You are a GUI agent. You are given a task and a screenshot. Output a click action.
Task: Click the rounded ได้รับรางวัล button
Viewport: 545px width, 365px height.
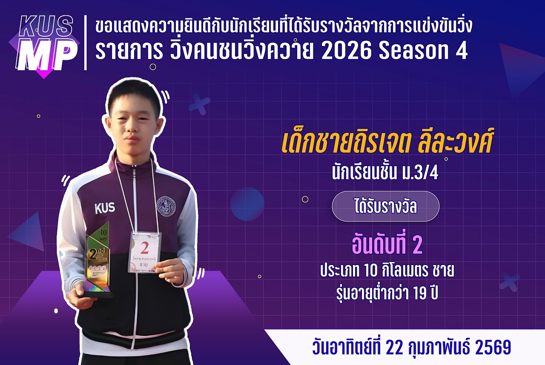pos(385,206)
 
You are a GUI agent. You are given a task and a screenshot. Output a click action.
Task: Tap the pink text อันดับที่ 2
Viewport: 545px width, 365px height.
pos(387,245)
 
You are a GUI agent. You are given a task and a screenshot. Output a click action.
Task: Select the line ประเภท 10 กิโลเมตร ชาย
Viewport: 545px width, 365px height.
pos(387,271)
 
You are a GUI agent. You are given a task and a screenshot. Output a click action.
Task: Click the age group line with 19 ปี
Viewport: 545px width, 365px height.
pos(387,293)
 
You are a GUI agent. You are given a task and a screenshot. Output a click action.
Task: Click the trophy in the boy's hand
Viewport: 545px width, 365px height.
pos(98,259)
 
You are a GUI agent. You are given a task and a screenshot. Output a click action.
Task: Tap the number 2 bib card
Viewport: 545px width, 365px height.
pos(145,252)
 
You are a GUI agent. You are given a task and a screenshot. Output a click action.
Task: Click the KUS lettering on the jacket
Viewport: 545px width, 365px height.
pos(105,208)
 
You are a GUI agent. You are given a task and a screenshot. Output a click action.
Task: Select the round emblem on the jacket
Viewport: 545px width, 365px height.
pos(165,205)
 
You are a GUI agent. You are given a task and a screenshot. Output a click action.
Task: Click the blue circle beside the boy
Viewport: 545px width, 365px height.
pos(247,204)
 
